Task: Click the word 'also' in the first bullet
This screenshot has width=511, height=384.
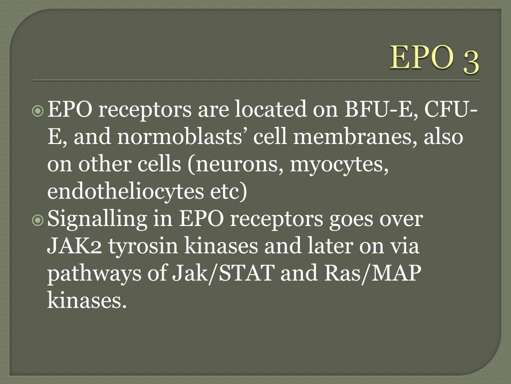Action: click(x=444, y=136)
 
